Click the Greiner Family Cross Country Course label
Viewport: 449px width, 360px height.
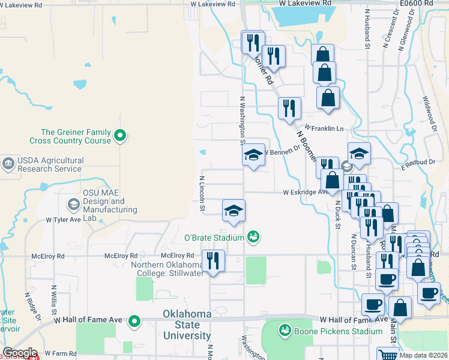[76, 136]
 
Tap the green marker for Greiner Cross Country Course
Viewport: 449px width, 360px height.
[120, 136]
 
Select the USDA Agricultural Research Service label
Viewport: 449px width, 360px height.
[49, 164]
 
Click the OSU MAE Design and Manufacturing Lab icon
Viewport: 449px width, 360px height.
[73, 205]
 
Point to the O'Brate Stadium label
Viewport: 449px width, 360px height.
[214, 238]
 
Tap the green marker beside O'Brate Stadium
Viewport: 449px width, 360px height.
[253, 237]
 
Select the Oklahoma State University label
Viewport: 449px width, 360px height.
[196, 325]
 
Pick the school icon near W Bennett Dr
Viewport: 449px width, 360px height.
[254, 155]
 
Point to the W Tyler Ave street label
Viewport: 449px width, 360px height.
[63, 220]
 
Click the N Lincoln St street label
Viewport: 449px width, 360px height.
[202, 193]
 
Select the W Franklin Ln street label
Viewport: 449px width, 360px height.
[324, 128]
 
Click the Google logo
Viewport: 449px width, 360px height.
[19, 353]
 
